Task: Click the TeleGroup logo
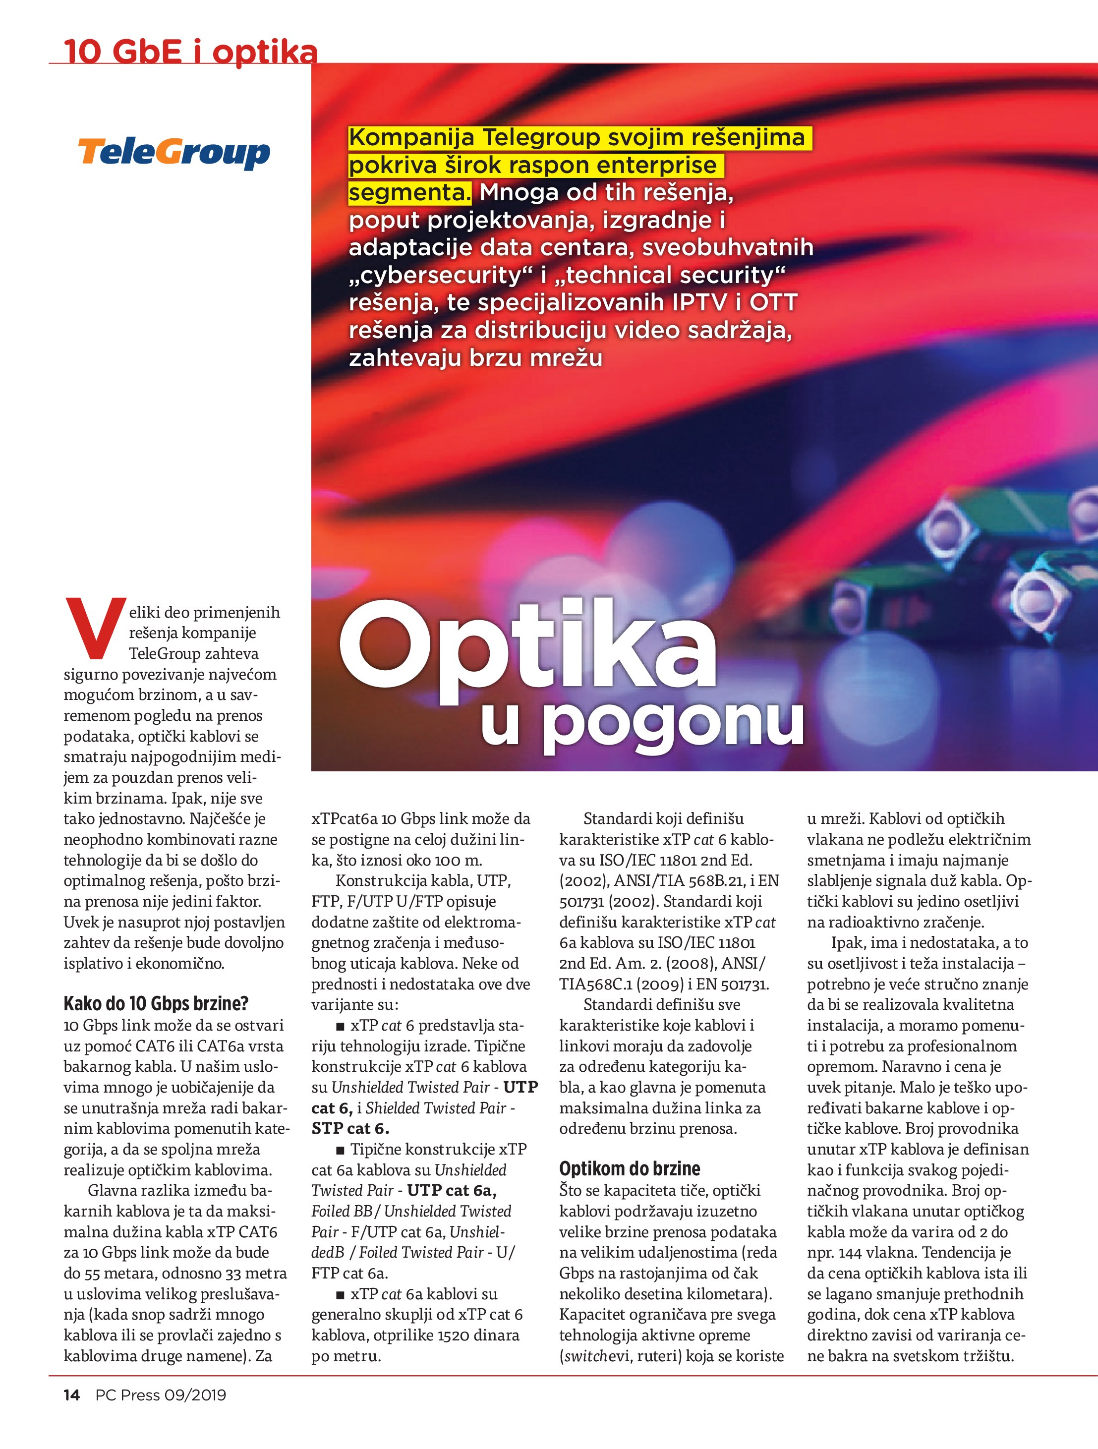click(x=173, y=153)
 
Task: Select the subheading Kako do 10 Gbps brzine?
click(x=156, y=1003)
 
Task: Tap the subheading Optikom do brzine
click(x=630, y=1168)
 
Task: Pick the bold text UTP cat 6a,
click(x=452, y=1190)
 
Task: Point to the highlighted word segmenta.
click(x=409, y=192)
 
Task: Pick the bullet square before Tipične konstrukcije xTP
click(x=340, y=1150)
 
